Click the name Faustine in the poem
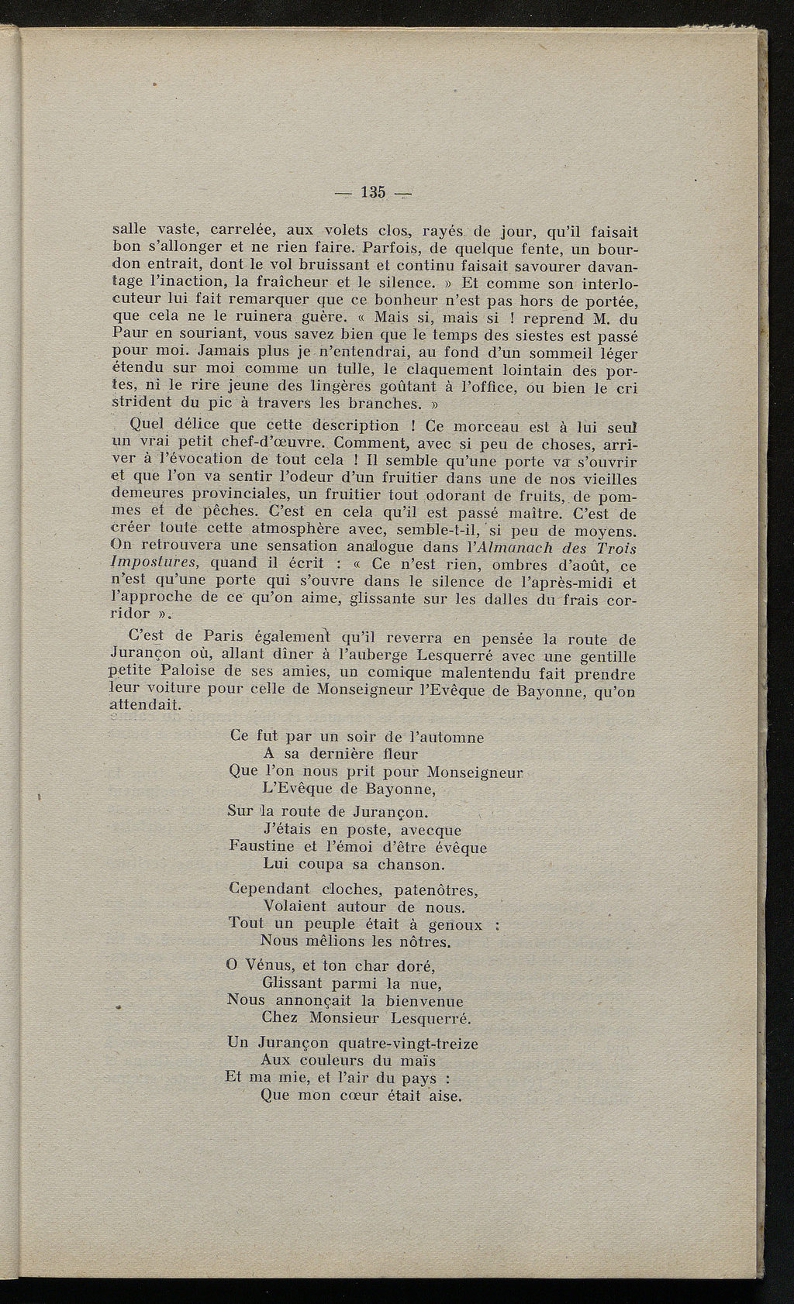tap(261, 847)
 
